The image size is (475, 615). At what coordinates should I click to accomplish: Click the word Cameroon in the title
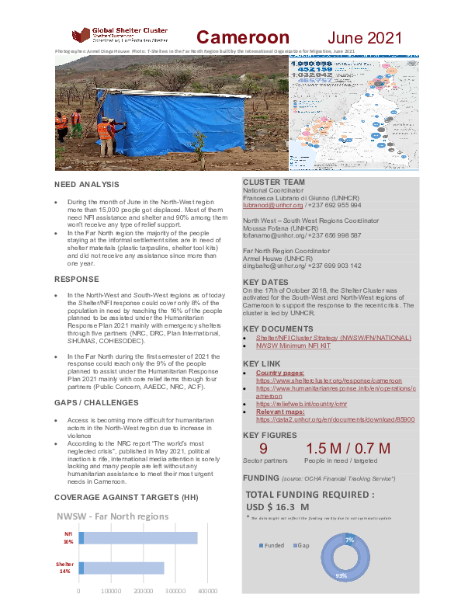[242, 37]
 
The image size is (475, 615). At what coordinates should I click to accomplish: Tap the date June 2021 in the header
[364, 37]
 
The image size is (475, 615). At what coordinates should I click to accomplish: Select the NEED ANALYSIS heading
[86, 185]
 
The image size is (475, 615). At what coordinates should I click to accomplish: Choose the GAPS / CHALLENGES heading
[96, 403]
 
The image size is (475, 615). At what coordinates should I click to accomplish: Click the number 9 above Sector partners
[264, 450]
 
